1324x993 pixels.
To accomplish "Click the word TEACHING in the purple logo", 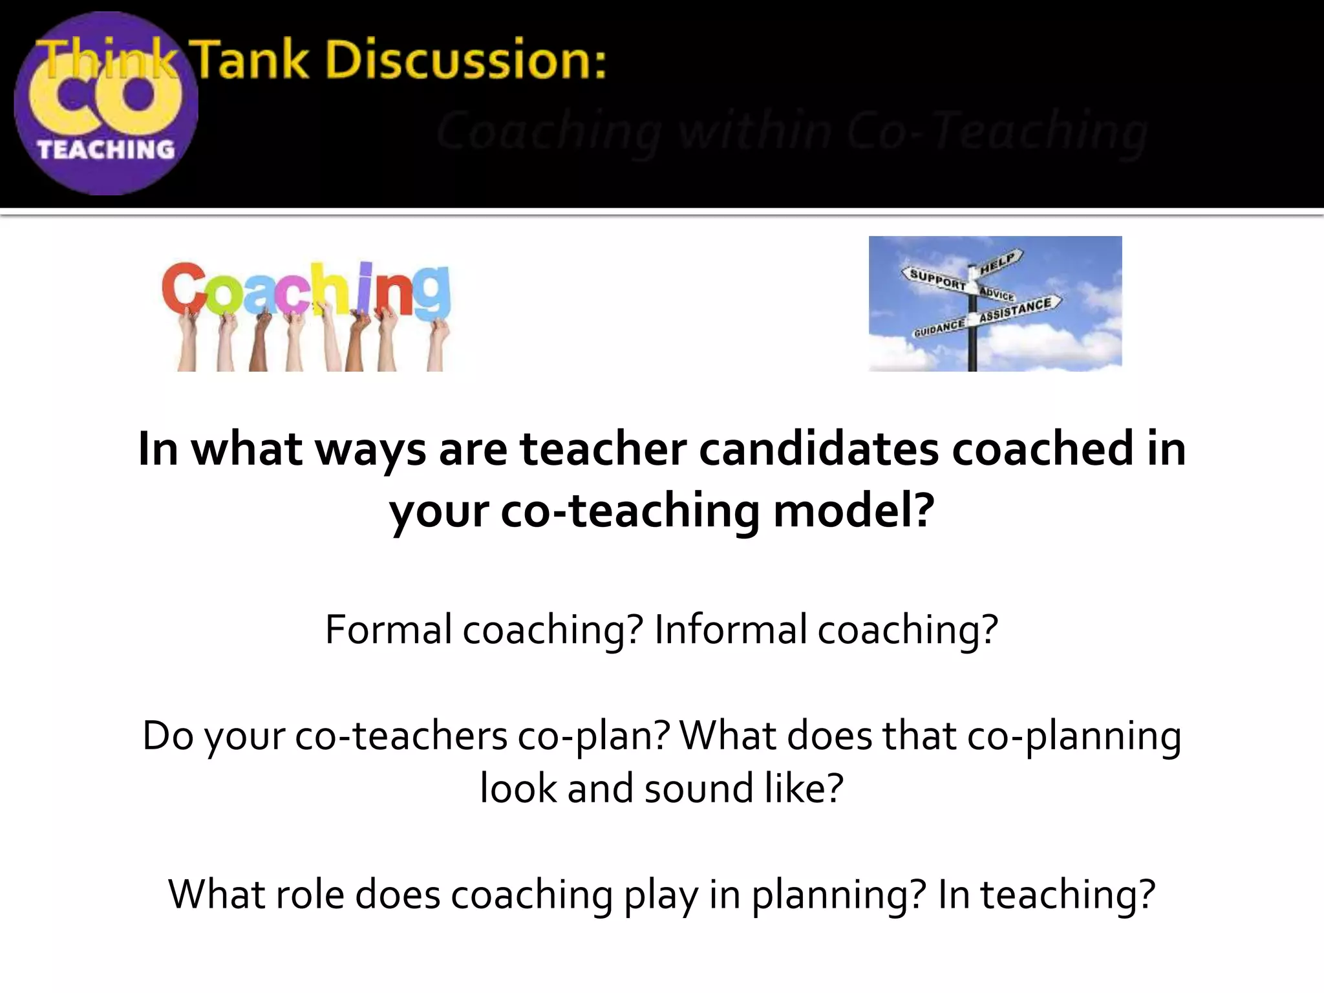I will (x=106, y=150).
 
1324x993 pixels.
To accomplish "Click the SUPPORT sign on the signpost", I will (x=937, y=279).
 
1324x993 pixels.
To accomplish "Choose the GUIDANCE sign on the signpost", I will (x=939, y=328).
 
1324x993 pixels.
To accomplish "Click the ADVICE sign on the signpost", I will (x=996, y=294).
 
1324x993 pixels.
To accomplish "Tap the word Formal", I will (x=388, y=629).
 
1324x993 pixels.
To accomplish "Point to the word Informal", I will (x=731, y=629).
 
